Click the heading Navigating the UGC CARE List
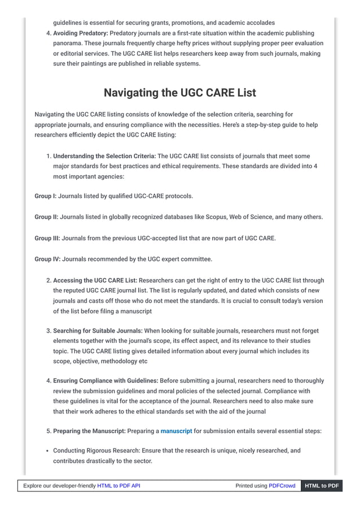click(x=179, y=92)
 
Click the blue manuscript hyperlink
click(x=176, y=431)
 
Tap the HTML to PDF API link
click(x=118, y=486)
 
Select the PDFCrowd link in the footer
click(x=282, y=486)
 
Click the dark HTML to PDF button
click(x=322, y=486)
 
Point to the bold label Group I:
click(x=45, y=196)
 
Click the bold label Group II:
click(x=46, y=217)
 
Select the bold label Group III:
click(x=47, y=238)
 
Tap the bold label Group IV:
click(x=47, y=259)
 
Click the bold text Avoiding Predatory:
click(x=80, y=33)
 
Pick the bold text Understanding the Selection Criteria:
click(x=104, y=156)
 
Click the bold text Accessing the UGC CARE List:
click(x=95, y=280)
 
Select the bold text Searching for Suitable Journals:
click(x=98, y=330)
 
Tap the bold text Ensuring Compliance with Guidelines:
click(x=106, y=381)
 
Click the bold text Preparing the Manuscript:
click(x=89, y=431)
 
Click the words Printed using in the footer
click(x=251, y=486)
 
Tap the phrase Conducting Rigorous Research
click(x=96, y=451)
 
